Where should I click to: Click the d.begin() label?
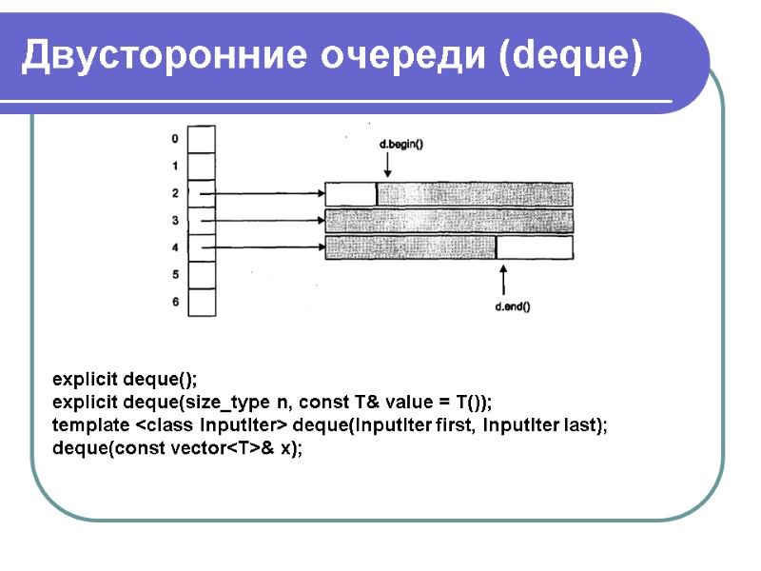tap(400, 144)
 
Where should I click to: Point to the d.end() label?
tap(513, 306)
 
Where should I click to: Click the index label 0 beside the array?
tap(174, 139)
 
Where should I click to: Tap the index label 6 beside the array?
tap(174, 303)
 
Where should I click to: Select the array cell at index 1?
tap(202, 167)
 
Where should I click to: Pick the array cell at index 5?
tap(202, 275)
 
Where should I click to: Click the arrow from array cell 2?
tap(262, 194)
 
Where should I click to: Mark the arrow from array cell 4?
tap(262, 248)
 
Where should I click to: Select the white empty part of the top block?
tap(351, 194)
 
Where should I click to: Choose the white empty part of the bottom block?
tap(534, 248)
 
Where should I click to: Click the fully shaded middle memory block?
tap(449, 221)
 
